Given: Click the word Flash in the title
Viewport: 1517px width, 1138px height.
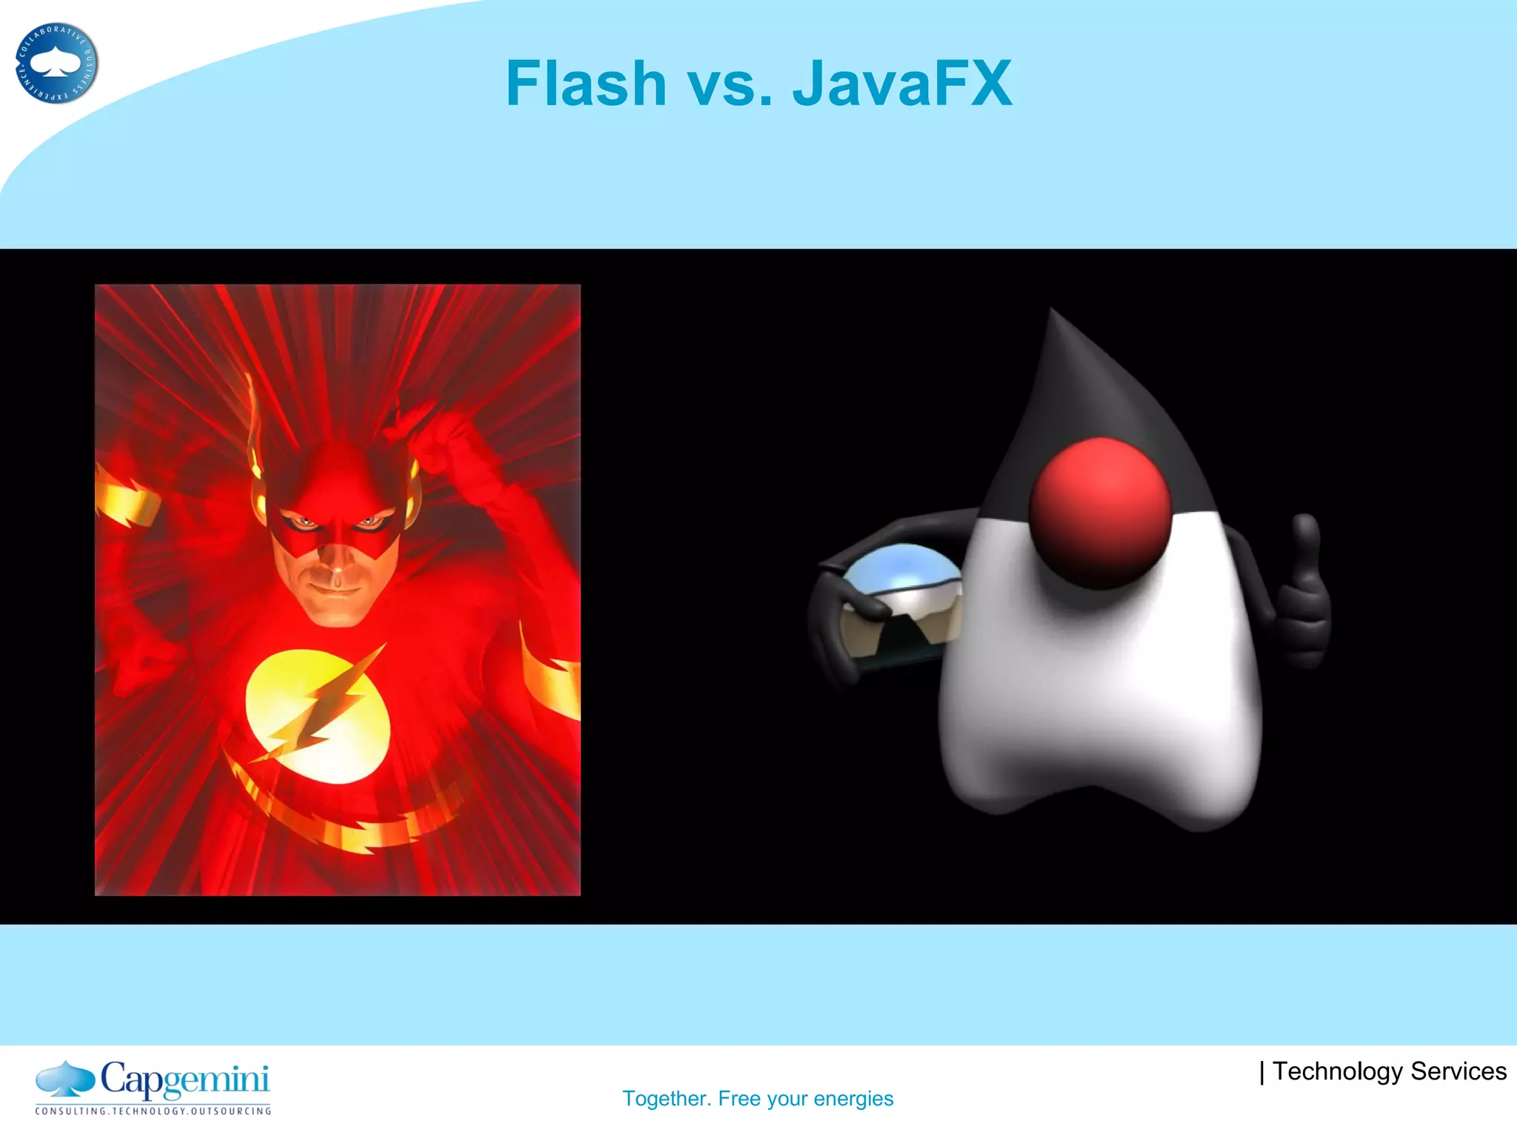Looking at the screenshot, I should [586, 84].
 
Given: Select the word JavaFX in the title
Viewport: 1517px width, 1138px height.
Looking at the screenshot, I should [902, 84].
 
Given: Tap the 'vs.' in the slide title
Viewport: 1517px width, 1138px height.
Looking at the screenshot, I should [730, 85].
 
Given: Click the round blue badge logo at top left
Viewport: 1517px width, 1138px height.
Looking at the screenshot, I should [56, 64].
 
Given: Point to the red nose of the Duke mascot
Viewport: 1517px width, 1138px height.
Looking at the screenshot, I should [1101, 511].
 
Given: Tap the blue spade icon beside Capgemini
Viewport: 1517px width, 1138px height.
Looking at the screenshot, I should [65, 1079].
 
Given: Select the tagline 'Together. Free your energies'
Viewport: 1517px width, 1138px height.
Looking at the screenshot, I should [758, 1098].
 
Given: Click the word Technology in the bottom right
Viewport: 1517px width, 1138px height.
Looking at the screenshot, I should [1338, 1071].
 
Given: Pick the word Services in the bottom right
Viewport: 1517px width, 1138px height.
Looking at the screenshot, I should [1458, 1071].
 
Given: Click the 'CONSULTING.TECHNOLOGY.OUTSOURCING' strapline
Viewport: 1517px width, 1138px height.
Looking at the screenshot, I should [153, 1111].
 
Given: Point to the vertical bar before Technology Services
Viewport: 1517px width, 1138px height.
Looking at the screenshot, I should [1262, 1072].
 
